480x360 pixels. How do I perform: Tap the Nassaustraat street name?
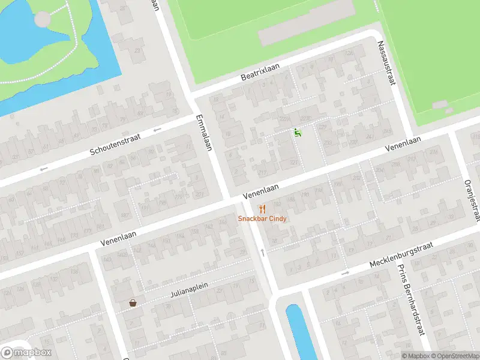pos(385,62)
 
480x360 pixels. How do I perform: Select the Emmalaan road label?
pos(204,133)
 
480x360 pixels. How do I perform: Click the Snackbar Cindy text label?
pos(262,218)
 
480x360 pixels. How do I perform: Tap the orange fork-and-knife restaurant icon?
pos(262,209)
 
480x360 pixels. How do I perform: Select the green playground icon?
pos(297,133)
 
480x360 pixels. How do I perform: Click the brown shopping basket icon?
pos(132,304)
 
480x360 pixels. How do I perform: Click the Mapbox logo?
pos(27,352)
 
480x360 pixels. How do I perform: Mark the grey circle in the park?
pos(43,19)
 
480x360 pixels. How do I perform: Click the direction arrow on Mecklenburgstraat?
pos(345,274)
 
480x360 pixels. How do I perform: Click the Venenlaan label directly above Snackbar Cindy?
pos(261,192)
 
